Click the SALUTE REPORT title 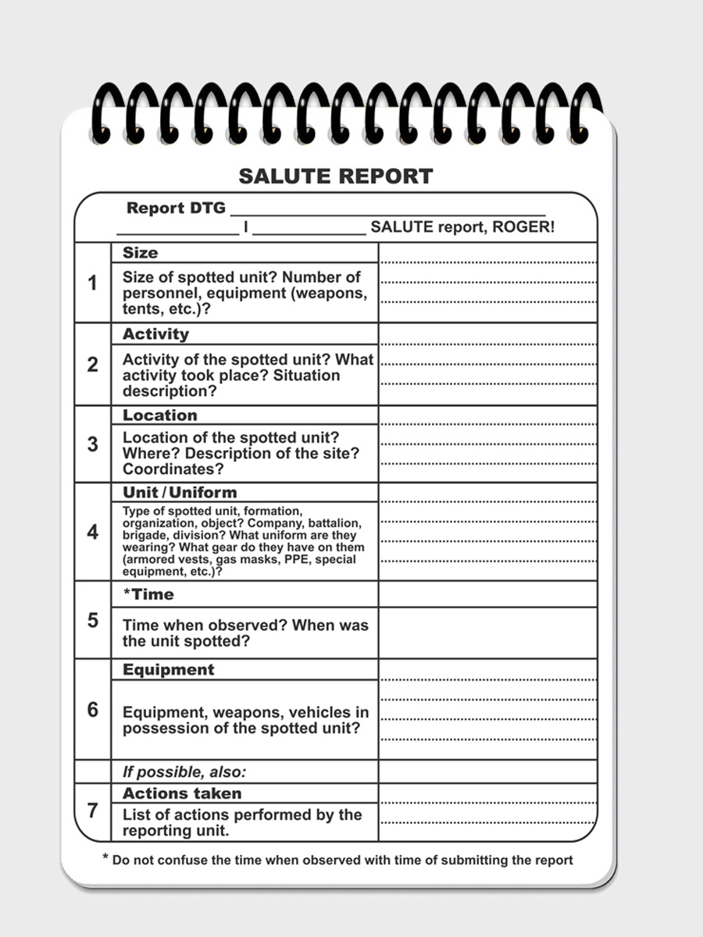click(335, 176)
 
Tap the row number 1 click(93, 283)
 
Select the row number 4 click(93, 533)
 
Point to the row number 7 click(93, 811)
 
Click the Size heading click(140, 253)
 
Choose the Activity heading click(155, 334)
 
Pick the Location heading click(159, 415)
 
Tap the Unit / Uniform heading click(179, 493)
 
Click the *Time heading click(148, 594)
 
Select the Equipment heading click(168, 670)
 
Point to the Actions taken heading click(182, 793)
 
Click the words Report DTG click(176, 208)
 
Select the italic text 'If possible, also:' click(184, 772)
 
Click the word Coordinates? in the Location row click(173, 469)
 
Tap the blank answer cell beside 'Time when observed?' click(487, 632)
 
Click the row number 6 click(93, 710)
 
